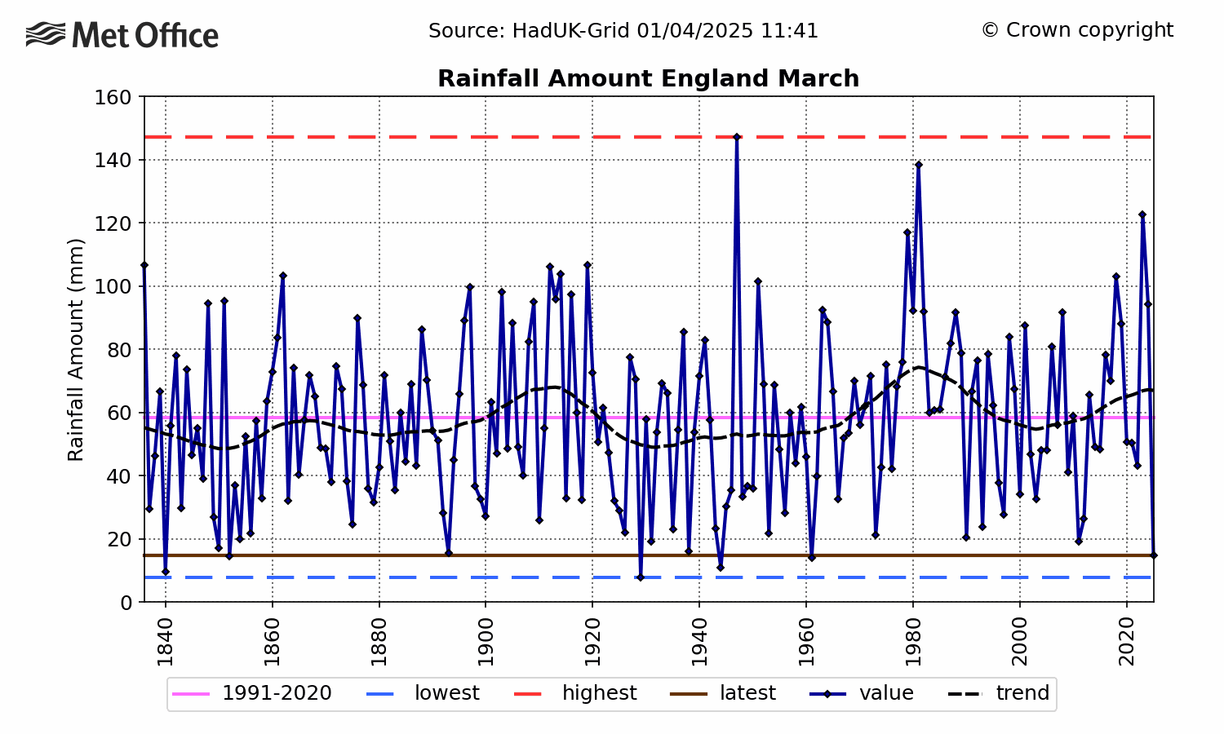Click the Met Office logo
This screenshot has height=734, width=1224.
(x=122, y=35)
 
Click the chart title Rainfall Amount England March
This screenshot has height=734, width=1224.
(x=648, y=78)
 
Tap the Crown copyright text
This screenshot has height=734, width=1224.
(x=1077, y=30)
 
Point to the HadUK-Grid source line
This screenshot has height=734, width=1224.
(x=623, y=31)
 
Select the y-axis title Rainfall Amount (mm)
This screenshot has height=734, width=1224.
(x=76, y=350)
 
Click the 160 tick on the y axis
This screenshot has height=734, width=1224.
(x=114, y=97)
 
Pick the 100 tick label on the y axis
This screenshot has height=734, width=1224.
(x=114, y=286)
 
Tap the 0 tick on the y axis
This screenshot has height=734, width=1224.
(x=126, y=603)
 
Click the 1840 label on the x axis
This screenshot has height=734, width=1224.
(x=166, y=642)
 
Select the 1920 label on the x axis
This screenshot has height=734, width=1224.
(x=592, y=642)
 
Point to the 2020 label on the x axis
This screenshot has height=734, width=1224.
(x=1127, y=642)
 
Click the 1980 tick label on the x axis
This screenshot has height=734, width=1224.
(x=913, y=642)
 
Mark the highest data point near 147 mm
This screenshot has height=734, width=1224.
(x=737, y=137)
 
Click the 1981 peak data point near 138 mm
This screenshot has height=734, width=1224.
(x=919, y=165)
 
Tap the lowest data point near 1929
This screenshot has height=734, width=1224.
(x=641, y=577)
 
